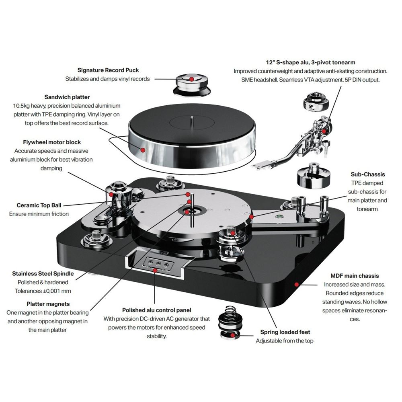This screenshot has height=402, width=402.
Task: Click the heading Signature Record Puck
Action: tap(108, 70)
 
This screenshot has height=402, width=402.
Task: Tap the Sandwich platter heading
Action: tap(67, 97)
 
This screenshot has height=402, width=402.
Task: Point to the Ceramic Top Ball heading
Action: tap(39, 205)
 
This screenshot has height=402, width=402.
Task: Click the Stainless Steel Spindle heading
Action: tap(43, 274)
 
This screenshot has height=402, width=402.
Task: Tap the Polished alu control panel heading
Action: tap(157, 310)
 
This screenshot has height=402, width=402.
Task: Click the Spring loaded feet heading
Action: tap(285, 332)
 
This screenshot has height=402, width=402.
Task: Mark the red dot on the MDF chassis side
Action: tap(296, 284)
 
